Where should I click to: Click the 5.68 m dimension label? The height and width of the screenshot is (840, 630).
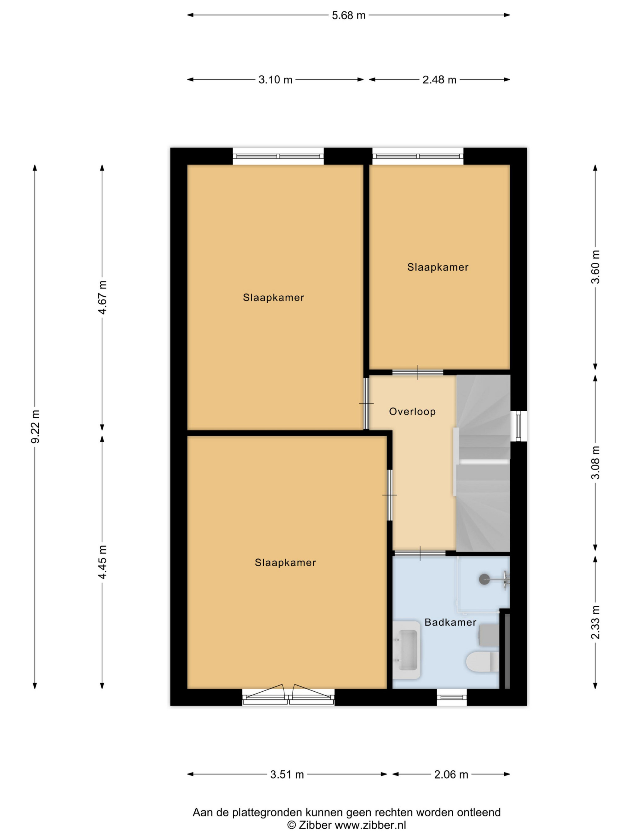point(348,15)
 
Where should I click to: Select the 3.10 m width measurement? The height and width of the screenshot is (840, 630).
point(275,80)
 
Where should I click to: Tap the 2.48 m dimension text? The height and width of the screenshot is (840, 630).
point(439,80)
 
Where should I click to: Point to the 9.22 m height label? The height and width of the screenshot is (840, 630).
point(35,426)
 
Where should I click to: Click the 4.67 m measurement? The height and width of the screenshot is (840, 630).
point(102,297)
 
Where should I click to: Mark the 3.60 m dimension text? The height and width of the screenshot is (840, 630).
point(595,267)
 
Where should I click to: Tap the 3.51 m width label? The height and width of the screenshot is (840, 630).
point(287,775)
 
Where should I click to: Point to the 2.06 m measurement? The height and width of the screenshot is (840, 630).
point(451,775)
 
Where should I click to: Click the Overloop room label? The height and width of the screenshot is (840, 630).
point(412,412)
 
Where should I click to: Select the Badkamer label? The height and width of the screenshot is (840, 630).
point(450,622)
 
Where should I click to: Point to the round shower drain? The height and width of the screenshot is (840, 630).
point(484,579)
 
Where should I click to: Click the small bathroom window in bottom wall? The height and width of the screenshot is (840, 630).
point(451,697)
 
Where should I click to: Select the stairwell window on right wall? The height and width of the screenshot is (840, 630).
point(518,426)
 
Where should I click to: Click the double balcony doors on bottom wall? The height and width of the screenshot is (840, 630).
point(288,696)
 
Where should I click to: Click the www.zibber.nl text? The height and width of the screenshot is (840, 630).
point(370,825)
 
